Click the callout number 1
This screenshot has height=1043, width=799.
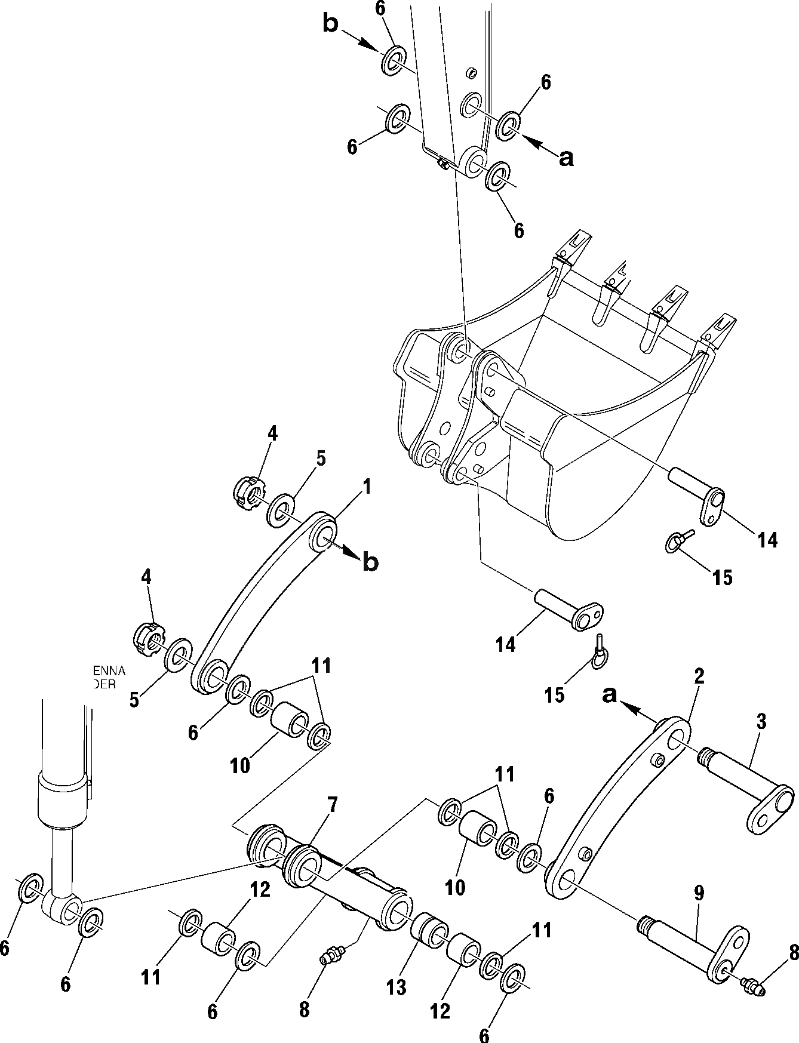(x=367, y=488)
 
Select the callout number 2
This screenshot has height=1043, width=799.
(x=699, y=676)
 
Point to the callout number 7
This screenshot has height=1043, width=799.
(x=332, y=805)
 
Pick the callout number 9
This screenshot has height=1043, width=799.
(x=699, y=894)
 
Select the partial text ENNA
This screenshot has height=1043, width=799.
(x=109, y=672)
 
